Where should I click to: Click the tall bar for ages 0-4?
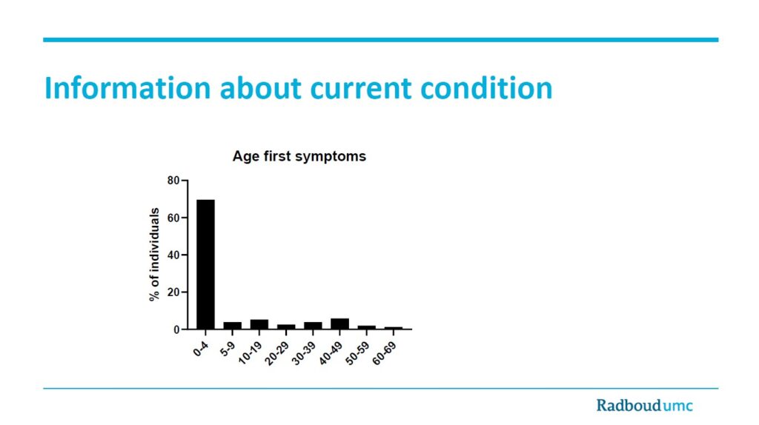pyautogui.click(x=206, y=264)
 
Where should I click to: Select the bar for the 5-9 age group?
pyautogui.click(x=232, y=325)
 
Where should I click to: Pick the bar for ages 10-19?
pyautogui.click(x=259, y=324)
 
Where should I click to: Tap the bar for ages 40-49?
pyautogui.click(x=339, y=324)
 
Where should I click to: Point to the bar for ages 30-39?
pyautogui.click(x=313, y=325)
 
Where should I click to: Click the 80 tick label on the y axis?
pyautogui.click(x=173, y=181)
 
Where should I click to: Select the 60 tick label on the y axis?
pyautogui.click(x=173, y=218)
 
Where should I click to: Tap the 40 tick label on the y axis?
pyautogui.click(x=173, y=255)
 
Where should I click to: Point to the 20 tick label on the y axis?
pyautogui.click(x=173, y=292)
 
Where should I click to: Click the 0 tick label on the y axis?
pyautogui.click(x=176, y=329)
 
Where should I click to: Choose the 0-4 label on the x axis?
pyautogui.click(x=200, y=349)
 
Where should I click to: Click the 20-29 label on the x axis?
pyautogui.click(x=277, y=353)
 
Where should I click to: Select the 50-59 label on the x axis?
pyautogui.click(x=358, y=353)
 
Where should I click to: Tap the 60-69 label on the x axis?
pyautogui.click(x=385, y=353)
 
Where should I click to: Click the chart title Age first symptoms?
pyautogui.click(x=299, y=157)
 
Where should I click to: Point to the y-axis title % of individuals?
pyautogui.click(x=154, y=254)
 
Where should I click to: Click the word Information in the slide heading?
pyautogui.click(x=127, y=88)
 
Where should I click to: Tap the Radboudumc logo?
pyautogui.click(x=644, y=405)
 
